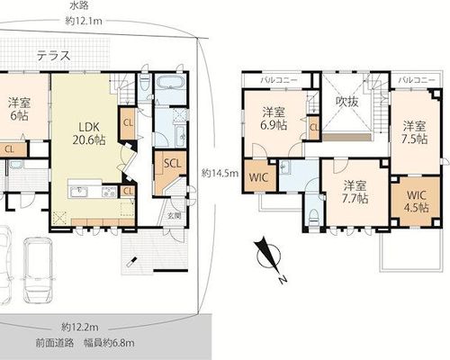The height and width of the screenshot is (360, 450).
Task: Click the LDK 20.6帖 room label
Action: tap(89, 134)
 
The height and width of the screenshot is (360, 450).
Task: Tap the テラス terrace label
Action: tap(54, 56)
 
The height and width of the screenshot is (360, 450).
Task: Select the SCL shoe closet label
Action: tap(173, 164)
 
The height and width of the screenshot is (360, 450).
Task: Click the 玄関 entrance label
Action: tap(175, 215)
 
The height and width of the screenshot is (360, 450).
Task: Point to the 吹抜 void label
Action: tap(346, 103)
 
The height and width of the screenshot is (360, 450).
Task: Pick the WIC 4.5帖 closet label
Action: tap(417, 202)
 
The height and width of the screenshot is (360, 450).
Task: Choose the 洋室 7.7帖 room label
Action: tap(355, 193)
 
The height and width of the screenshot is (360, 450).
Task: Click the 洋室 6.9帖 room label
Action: tap(273, 119)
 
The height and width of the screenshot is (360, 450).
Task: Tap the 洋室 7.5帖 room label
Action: tap(414, 132)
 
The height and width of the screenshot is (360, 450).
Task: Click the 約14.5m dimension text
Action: tap(220, 174)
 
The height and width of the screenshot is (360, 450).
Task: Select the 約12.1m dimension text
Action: tap(84, 22)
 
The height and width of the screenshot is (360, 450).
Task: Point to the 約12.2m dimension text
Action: tap(80, 327)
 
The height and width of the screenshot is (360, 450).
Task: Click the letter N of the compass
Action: tap(282, 280)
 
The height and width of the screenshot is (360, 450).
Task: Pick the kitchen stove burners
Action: tap(110, 192)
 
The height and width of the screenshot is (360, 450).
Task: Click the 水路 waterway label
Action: tap(79, 6)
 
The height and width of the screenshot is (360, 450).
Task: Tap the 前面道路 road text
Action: tap(55, 343)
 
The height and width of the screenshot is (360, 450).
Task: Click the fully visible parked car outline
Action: tap(39, 270)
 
